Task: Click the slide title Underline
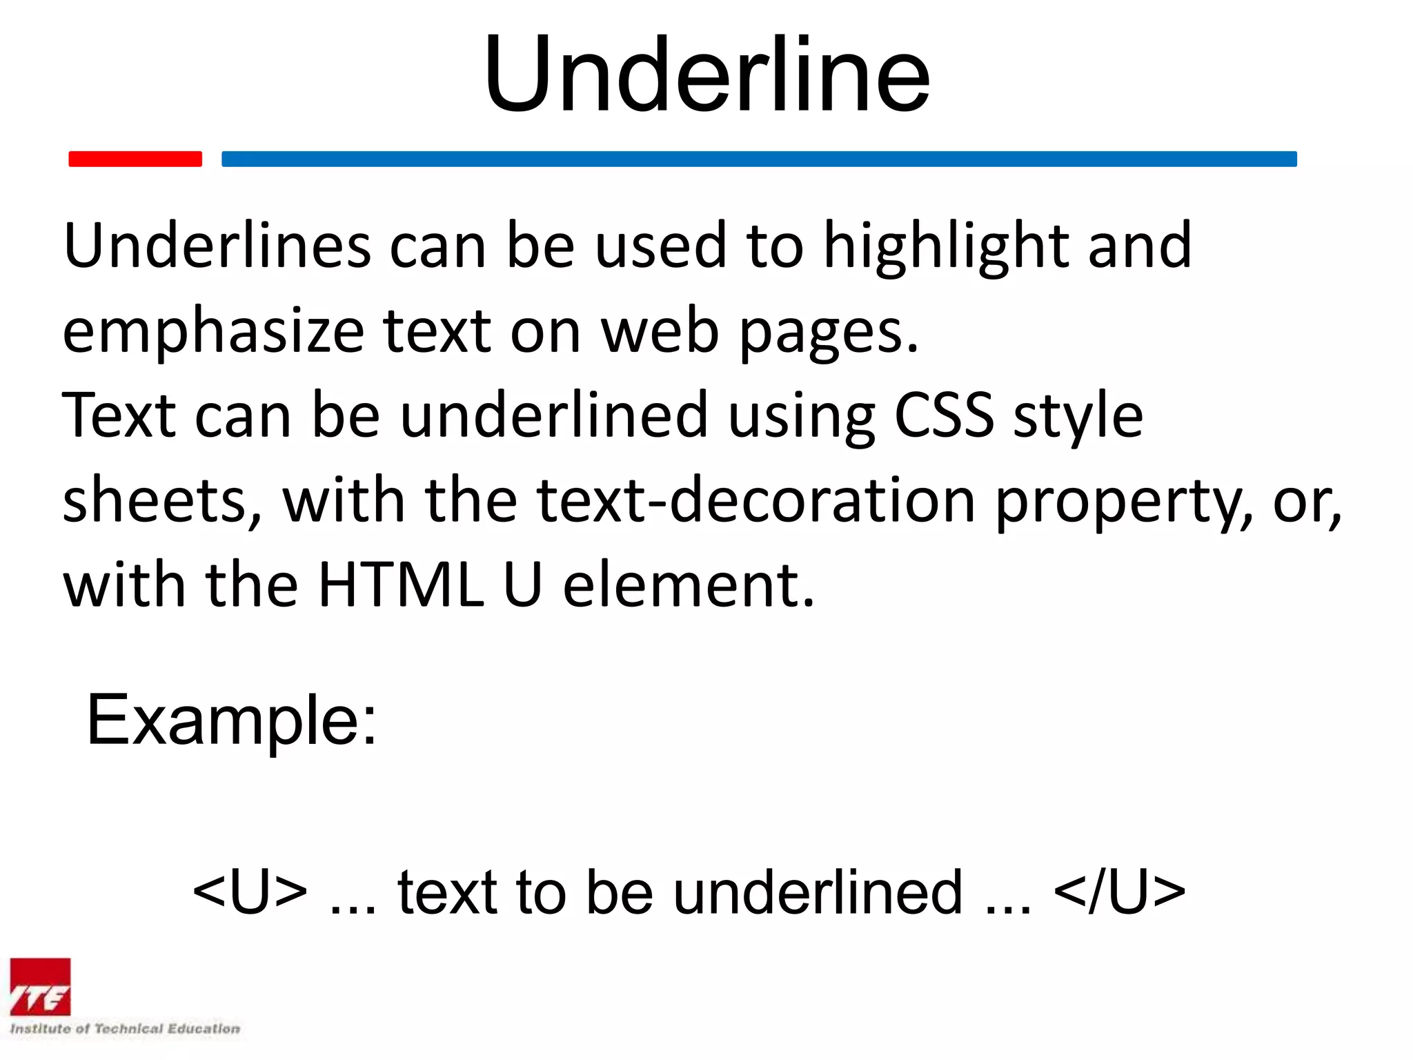(706, 75)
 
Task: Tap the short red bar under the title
(135, 159)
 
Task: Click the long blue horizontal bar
(759, 159)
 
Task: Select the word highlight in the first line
(946, 247)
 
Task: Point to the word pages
(829, 332)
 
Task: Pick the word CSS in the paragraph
(944, 415)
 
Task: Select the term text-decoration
(756, 500)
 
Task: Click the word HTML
(401, 585)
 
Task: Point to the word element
(689, 585)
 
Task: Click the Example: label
(232, 720)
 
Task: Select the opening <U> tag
(250, 892)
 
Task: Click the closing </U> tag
(1120, 892)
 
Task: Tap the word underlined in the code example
(818, 892)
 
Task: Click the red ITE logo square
(40, 987)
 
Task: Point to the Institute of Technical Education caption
(125, 1029)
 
